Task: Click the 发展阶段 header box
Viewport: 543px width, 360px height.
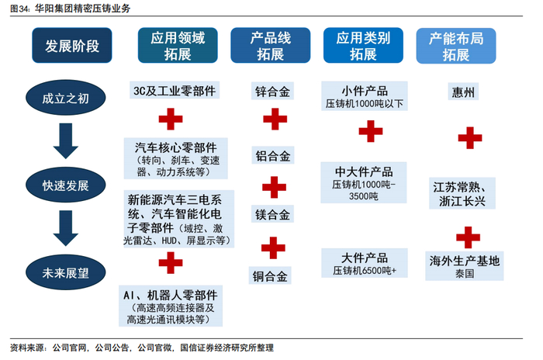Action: click(72, 46)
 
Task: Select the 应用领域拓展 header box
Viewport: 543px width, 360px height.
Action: click(178, 46)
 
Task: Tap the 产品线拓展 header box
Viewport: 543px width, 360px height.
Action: click(271, 46)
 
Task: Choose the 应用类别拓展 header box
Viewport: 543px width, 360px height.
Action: click(363, 46)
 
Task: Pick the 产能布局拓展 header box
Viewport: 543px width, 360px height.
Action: click(456, 46)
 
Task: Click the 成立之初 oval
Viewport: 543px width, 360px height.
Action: click(65, 98)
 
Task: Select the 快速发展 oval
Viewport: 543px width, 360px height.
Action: click(65, 185)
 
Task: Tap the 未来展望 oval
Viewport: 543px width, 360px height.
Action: click(65, 272)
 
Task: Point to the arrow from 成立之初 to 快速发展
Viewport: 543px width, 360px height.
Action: click(65, 141)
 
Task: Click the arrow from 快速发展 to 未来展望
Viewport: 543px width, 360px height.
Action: click(65, 228)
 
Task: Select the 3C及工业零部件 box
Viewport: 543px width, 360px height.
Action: click(175, 91)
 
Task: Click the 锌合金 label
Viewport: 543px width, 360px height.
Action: click(272, 91)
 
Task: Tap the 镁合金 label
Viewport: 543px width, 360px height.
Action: click(272, 214)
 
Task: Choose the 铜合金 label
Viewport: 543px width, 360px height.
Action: click(270, 275)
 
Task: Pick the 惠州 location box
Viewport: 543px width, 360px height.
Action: click(463, 92)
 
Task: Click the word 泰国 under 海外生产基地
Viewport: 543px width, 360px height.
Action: click(465, 274)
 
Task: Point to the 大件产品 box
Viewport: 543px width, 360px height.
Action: click(365, 263)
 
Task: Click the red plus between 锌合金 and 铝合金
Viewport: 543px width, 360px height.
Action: click(275, 119)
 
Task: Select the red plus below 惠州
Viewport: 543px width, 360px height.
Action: click(470, 137)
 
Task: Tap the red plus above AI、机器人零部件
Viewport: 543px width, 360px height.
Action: click(171, 263)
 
